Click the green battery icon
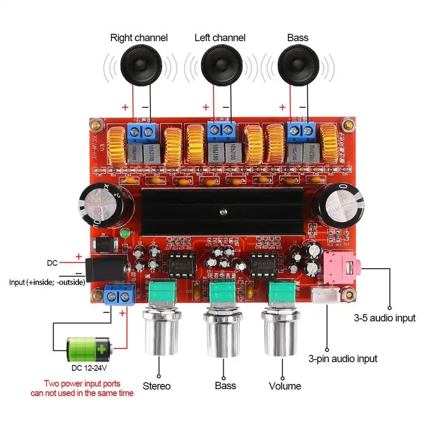point(89,350)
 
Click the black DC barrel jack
point(107,268)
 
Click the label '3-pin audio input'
point(343,359)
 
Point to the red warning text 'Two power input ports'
point(82,384)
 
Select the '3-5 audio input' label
point(384,318)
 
